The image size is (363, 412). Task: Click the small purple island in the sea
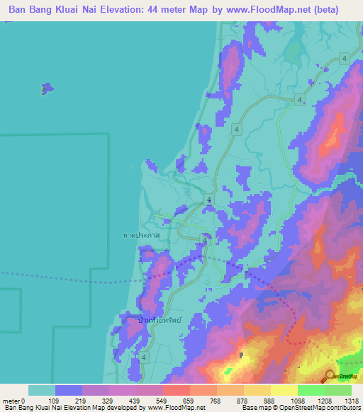coord(47,88)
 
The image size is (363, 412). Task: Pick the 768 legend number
coord(216,401)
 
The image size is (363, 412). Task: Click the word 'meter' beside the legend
coord(11,401)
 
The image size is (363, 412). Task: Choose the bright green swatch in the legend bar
coord(311,390)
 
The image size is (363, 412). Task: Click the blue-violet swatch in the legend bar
coord(69,390)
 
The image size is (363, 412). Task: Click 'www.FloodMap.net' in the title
coord(262,10)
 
